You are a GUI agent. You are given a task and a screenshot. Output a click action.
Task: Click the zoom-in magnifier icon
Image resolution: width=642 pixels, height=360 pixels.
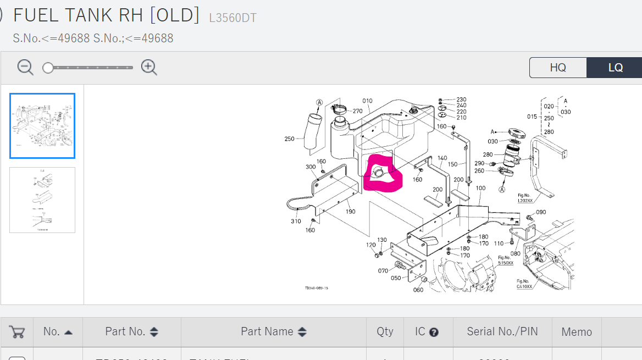pyautogui.click(x=148, y=67)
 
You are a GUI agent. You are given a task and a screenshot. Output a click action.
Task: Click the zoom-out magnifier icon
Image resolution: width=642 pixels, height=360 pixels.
pyautogui.click(x=25, y=67)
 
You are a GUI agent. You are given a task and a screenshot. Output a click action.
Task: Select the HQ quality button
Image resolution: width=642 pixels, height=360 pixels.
pyautogui.click(x=558, y=68)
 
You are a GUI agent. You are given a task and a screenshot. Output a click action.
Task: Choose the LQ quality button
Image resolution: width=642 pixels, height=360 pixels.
pyautogui.click(x=615, y=68)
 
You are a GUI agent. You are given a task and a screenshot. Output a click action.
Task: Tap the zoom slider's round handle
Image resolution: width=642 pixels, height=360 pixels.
pyautogui.click(x=48, y=68)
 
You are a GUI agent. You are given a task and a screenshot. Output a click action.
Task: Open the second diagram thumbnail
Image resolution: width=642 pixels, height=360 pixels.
pyautogui.click(x=42, y=200)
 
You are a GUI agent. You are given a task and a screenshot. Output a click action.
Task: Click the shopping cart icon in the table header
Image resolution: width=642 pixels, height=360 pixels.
pyautogui.click(x=17, y=332)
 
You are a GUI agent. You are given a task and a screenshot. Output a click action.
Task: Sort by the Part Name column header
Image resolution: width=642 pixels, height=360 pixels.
pyautogui.click(x=273, y=332)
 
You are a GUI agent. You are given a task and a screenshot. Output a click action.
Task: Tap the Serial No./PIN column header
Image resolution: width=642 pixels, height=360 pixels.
pyautogui.click(x=502, y=331)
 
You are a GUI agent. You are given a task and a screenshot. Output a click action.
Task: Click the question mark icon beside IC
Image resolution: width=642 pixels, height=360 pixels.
pyautogui.click(x=434, y=332)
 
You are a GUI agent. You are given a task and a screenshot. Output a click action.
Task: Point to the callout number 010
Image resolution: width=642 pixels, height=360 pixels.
pyautogui.click(x=367, y=101)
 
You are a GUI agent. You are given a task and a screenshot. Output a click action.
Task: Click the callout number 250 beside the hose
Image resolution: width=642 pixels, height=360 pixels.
pyautogui.click(x=290, y=139)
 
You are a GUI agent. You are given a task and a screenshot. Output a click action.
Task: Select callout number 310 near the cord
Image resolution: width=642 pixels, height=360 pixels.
pyautogui.click(x=296, y=221)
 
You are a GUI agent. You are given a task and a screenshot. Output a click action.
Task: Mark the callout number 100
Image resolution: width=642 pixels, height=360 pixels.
pyautogui.click(x=480, y=189)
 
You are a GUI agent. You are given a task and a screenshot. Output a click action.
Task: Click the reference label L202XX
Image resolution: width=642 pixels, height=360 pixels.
pyautogui.click(x=525, y=201)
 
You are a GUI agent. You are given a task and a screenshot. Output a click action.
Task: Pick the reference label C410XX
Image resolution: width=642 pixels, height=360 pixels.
pyautogui.click(x=524, y=286)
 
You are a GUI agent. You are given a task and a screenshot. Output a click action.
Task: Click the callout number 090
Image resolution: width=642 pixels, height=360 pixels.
pyautogui.click(x=541, y=212)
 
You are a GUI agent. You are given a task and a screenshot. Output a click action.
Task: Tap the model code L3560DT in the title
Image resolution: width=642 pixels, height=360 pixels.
pyautogui.click(x=233, y=18)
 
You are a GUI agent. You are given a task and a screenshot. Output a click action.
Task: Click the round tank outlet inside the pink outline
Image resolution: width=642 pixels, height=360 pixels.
pyautogui.click(x=379, y=173)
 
